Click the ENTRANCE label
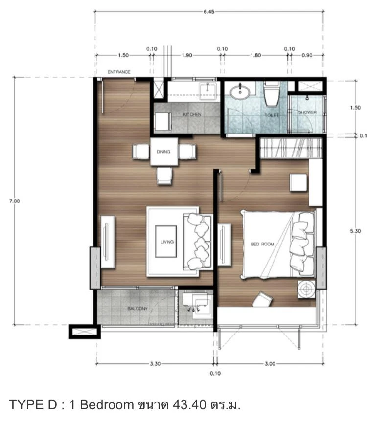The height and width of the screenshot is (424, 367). (x=119, y=72)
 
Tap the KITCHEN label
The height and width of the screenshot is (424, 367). (x=192, y=114)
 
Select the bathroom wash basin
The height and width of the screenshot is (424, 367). (x=240, y=91)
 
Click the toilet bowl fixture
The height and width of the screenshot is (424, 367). (x=272, y=94)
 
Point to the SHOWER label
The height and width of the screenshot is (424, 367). (x=307, y=112)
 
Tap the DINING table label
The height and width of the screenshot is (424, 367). (x=163, y=152)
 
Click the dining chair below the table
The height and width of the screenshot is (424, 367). (x=164, y=176)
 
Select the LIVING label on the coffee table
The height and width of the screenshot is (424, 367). (x=167, y=242)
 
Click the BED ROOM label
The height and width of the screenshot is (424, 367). (x=262, y=244)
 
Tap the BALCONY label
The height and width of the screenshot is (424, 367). (x=138, y=308)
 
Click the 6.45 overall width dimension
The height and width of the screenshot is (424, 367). (x=209, y=12)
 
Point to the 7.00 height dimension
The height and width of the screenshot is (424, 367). (x=14, y=201)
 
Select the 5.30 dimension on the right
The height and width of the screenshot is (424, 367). (x=355, y=231)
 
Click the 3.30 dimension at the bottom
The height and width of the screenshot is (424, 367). (x=155, y=364)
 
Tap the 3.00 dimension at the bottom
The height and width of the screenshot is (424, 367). (x=270, y=364)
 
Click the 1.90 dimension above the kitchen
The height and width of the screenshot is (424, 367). (x=187, y=55)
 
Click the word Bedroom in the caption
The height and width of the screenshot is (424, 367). (x=107, y=405)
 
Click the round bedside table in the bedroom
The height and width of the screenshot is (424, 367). (x=306, y=290)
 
